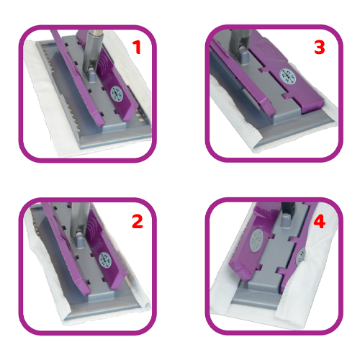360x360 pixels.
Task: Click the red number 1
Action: point(137,47)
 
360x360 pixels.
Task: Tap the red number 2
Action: point(138,221)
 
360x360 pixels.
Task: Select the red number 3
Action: point(320,48)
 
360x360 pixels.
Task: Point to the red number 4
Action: point(320,221)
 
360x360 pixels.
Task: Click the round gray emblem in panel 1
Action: point(117,94)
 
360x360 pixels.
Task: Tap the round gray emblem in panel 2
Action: point(105,260)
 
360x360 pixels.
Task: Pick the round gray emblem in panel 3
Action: point(288,76)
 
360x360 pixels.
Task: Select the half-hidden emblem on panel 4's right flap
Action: point(300,257)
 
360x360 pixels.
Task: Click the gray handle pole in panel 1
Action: point(93,52)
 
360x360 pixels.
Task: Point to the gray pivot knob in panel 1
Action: point(91,75)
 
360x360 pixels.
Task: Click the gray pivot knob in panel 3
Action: point(244,56)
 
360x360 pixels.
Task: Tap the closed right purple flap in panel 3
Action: point(286,72)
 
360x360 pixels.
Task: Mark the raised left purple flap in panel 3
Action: point(243,79)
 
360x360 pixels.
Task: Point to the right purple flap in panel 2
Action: point(106,250)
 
